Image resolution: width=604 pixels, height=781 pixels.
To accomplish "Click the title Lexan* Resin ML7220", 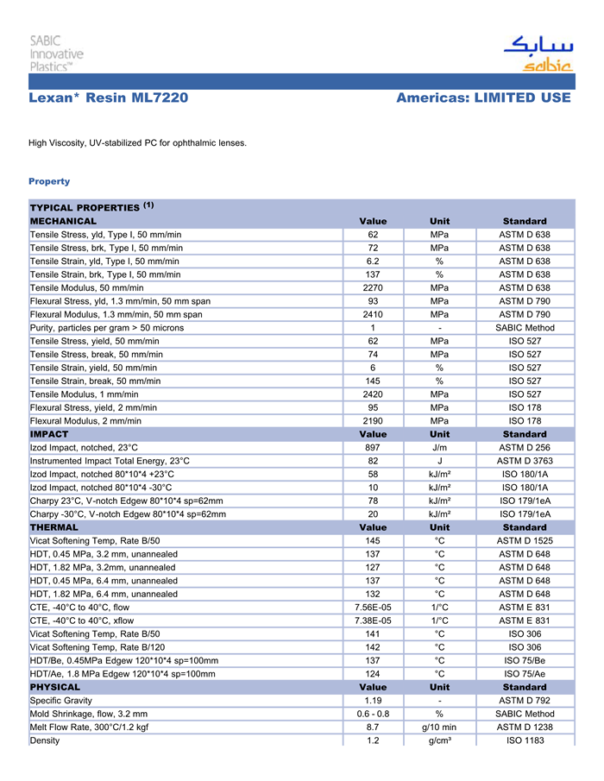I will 108,98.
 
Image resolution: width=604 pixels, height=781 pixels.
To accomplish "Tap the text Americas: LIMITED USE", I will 483,98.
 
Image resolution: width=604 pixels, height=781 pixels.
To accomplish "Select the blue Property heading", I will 49,181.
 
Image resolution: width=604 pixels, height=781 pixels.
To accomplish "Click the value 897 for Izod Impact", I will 373,448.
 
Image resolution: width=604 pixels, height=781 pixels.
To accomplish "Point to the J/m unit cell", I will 439,448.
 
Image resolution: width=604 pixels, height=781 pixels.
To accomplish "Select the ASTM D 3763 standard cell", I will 525,461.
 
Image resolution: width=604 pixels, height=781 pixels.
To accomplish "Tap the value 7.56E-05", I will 373,607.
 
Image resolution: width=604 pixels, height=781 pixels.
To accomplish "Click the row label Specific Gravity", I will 61,700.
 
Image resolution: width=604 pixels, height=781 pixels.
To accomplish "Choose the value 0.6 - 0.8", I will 373,714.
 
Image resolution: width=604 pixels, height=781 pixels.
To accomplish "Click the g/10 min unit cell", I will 439,727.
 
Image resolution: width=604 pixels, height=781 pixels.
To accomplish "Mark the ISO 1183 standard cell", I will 525,740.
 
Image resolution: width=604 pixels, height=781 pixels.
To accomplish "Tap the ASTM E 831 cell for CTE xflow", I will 525,620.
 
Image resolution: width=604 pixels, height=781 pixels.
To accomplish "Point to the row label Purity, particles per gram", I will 107,327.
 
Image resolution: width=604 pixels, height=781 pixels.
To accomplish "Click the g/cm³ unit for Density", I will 439,740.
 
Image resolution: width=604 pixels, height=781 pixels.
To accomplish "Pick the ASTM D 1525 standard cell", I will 525,540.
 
